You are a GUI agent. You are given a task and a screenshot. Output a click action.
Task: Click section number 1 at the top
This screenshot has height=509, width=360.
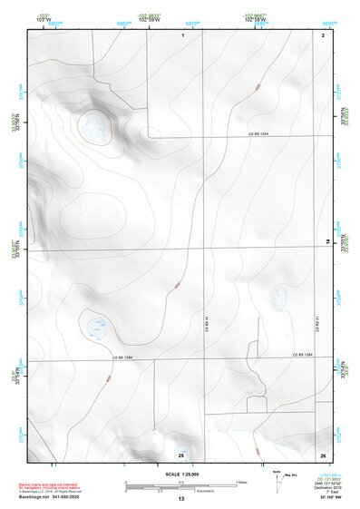[x=183, y=34]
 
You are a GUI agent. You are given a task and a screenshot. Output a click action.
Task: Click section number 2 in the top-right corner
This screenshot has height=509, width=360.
[x=323, y=34]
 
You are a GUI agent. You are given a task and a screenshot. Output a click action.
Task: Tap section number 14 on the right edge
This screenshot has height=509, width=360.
[x=328, y=241]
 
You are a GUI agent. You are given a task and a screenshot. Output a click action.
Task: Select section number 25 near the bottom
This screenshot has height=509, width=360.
[x=181, y=454]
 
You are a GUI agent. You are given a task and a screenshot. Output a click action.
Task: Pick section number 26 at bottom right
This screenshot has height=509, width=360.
[x=323, y=454]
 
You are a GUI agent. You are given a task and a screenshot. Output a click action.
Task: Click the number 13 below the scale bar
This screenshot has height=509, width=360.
[x=180, y=499]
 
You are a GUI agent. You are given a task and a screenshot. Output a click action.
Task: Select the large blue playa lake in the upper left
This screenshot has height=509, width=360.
[x=94, y=126]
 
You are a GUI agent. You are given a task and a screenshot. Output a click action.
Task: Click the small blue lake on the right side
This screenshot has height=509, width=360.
[x=278, y=295]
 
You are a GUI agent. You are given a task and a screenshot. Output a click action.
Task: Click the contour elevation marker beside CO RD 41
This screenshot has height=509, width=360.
[x=175, y=287]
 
